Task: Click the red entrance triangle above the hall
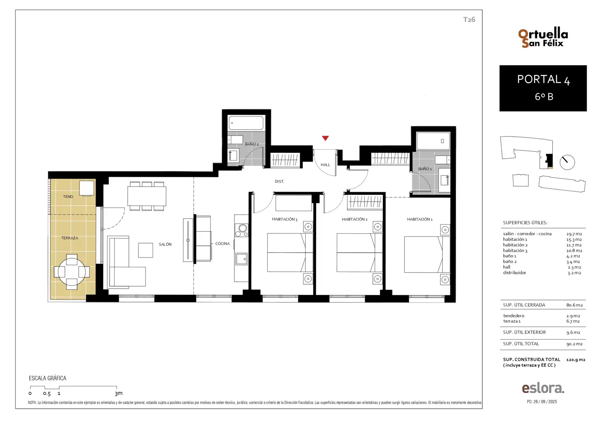coord(325,138)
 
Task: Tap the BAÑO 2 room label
coord(251,144)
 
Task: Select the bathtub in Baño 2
coord(246,123)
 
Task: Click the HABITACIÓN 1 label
coord(419,219)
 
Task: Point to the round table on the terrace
coord(72,272)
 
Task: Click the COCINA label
coord(223,244)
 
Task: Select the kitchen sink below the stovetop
coord(242,259)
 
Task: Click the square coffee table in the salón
coord(145,250)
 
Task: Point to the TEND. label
coord(68,196)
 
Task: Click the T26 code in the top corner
coord(469,19)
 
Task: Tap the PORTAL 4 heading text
coord(544,79)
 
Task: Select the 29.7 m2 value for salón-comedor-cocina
coord(574,234)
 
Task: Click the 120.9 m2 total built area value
coord(576,359)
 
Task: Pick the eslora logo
coord(543,388)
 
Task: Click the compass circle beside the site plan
coord(567,162)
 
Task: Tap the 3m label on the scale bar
coord(119,393)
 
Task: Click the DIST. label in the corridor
coord(279,181)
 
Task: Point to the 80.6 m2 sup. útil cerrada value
coord(574,305)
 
